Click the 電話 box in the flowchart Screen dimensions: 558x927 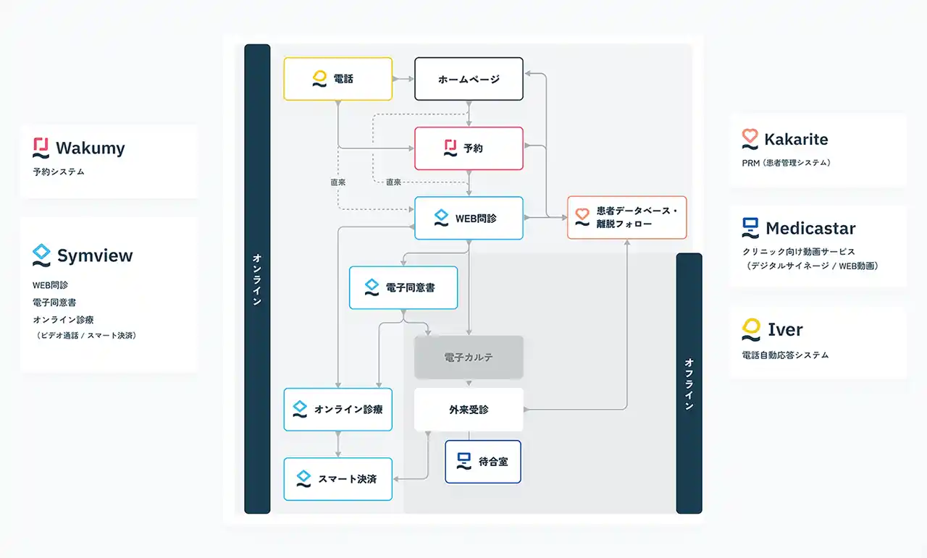[337, 79]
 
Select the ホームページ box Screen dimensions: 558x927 [469, 79]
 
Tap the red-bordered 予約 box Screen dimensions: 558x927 [469, 148]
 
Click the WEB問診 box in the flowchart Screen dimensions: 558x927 [469, 218]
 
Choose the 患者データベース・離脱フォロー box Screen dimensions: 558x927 [626, 218]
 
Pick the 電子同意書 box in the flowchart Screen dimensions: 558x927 [403, 287]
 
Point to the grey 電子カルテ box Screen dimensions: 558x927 [469, 358]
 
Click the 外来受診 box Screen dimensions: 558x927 [469, 410]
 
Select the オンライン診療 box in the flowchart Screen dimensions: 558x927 [337, 410]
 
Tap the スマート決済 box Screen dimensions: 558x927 [337, 479]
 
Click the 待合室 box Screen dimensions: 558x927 [482, 462]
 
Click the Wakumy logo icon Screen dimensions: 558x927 [41, 148]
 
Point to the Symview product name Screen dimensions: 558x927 [95, 255]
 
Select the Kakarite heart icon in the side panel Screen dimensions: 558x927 [750, 139]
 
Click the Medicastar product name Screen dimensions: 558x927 [810, 229]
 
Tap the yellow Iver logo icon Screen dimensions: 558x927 [751, 329]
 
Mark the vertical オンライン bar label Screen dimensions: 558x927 [257, 279]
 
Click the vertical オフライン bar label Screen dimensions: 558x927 [689, 384]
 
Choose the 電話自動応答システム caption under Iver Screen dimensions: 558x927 [785, 355]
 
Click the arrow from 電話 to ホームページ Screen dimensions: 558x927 [403, 78]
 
